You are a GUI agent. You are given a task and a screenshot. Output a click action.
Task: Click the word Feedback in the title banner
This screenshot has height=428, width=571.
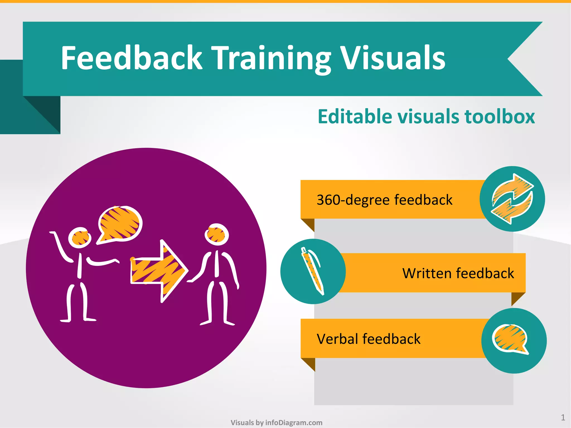[131, 58]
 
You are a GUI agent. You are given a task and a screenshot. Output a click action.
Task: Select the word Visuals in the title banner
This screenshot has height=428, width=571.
[393, 58]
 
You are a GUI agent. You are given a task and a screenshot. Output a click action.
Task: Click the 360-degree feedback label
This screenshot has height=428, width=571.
[384, 200]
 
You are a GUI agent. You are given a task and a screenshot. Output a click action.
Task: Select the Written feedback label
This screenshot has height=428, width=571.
[458, 273]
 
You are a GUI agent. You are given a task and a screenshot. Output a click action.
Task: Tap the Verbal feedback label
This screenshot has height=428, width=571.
[369, 339]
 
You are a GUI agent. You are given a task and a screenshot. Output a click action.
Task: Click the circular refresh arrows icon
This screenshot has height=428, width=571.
[512, 199]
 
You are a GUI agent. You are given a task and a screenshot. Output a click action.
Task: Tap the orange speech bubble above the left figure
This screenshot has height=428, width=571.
[120, 224]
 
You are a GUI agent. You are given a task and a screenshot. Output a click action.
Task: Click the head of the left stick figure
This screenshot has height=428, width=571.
[80, 237]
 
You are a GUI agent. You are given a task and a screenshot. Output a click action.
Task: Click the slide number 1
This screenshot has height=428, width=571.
[563, 417]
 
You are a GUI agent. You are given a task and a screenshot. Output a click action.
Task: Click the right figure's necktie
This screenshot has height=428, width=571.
[217, 263]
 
